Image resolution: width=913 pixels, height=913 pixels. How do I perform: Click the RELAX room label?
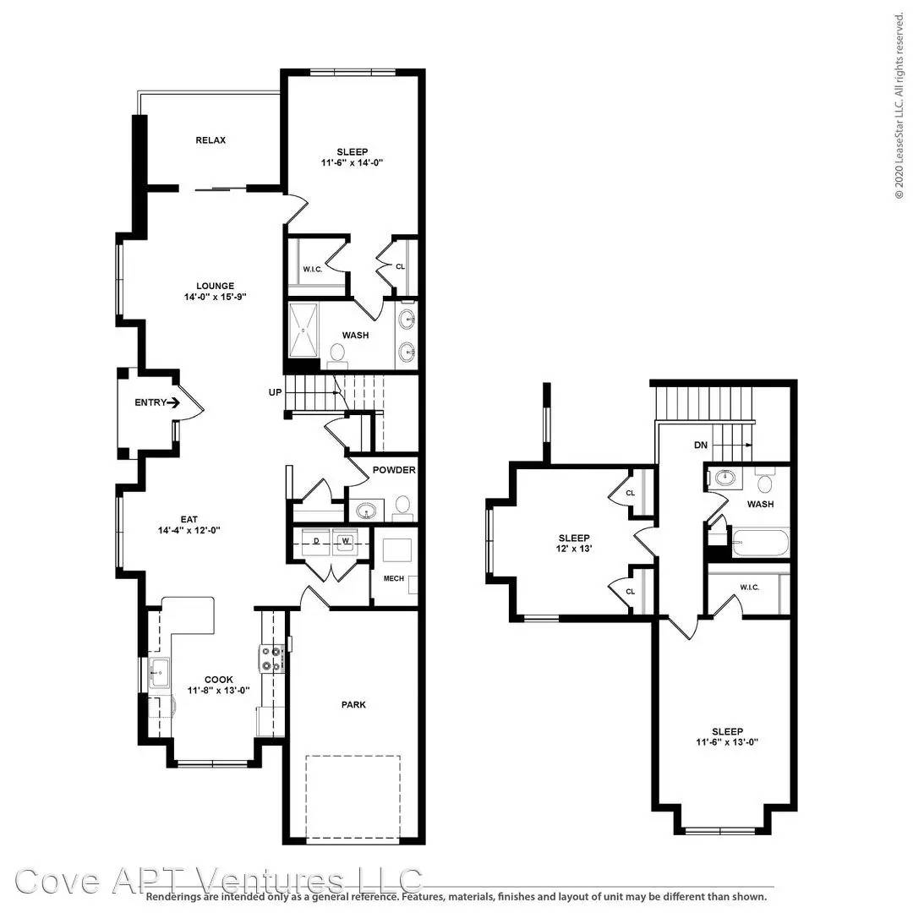pos(210,140)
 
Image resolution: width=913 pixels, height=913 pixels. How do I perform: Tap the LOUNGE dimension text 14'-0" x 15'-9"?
pos(216,297)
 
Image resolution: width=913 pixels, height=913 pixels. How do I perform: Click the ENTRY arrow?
pos(173,402)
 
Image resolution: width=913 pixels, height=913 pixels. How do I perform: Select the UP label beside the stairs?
pos(275,392)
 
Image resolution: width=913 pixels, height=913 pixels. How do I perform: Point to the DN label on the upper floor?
pos(701,445)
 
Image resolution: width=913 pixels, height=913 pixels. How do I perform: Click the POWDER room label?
pos(394,470)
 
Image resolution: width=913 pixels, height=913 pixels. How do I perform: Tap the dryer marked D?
pos(316,542)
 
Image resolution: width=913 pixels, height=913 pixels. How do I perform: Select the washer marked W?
pos(345,542)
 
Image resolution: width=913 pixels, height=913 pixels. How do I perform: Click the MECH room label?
pos(394,578)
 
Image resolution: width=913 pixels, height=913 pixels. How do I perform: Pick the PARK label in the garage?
pos(353,704)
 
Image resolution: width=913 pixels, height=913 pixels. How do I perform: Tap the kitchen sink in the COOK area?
pos(159,673)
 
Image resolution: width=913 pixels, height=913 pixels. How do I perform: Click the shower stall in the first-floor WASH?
pos(303,331)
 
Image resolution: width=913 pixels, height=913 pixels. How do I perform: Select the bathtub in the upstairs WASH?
pos(760,544)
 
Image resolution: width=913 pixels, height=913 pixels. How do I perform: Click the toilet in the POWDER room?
pos(402,506)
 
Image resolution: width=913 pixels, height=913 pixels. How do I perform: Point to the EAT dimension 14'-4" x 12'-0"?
pos(189,530)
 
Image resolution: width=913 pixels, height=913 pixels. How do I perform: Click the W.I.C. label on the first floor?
pos(312,270)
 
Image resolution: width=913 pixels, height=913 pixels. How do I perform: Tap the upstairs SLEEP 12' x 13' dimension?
pos(574,549)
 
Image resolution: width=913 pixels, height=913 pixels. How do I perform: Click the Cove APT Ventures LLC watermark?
pos(218,881)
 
